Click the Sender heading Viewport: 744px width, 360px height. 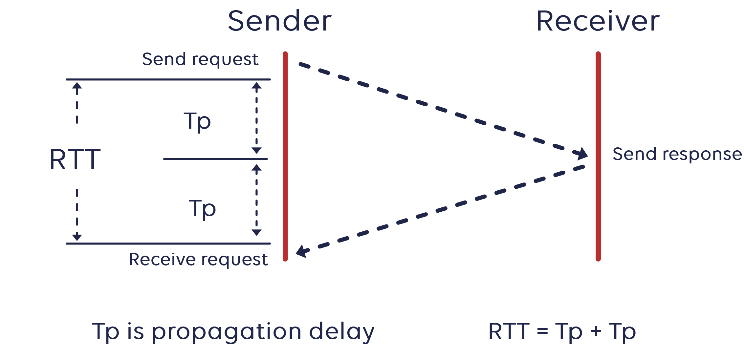point(280,21)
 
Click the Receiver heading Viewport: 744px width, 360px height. point(598,21)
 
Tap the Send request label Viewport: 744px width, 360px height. point(200,59)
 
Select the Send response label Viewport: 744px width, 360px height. point(677,154)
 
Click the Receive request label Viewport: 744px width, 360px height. point(198,260)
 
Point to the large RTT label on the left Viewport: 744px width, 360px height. point(75,159)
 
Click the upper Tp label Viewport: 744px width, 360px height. point(197,121)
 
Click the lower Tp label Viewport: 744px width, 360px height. point(202,209)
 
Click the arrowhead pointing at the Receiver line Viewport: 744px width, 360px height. point(582,154)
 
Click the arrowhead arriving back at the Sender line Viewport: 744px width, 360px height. point(301,251)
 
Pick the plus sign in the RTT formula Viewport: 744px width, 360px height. point(596,331)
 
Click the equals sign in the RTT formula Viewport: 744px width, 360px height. point(542,331)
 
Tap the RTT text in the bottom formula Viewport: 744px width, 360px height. point(509,331)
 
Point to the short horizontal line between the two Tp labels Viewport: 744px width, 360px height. point(215,159)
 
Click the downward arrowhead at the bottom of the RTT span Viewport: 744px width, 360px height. point(77,237)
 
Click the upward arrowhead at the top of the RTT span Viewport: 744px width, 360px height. point(77,86)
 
